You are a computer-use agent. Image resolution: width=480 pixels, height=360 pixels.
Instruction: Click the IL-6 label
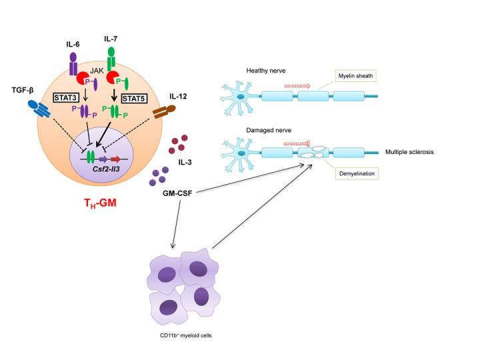74,45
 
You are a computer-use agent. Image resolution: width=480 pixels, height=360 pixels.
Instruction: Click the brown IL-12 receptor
164,114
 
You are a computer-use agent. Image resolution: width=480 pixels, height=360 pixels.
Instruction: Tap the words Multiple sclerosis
409,153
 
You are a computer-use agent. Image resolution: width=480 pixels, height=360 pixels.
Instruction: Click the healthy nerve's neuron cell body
239,98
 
